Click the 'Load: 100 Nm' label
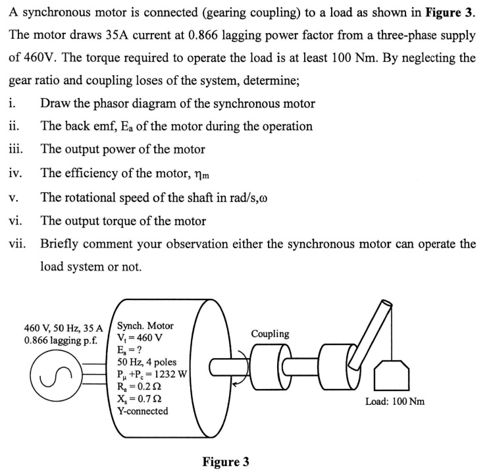coord(396,401)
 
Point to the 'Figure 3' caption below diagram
coord(226,461)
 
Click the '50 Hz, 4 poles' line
coord(147,362)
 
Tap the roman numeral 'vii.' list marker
coord(18,244)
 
